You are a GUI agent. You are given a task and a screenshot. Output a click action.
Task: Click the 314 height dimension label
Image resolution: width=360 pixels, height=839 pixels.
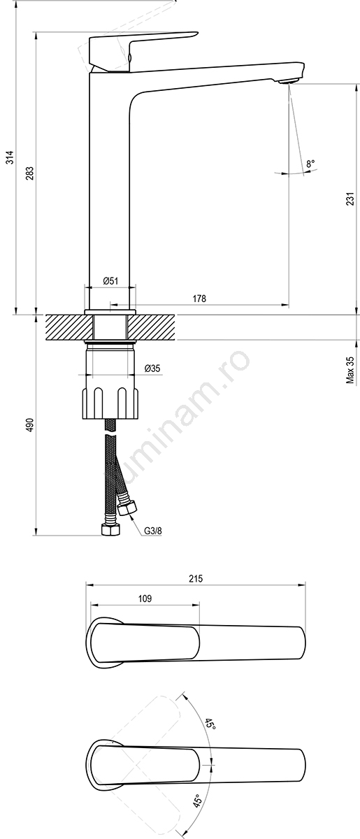[x=11, y=157]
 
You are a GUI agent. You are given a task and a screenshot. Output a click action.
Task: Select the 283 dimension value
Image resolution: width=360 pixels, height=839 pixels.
[x=30, y=173]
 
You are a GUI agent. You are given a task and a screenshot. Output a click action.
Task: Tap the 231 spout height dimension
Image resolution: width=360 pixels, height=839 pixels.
[x=350, y=199]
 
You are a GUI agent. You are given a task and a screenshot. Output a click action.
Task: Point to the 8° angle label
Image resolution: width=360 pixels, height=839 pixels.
[x=310, y=164]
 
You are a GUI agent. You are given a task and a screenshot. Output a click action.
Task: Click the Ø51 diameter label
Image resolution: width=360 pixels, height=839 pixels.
[x=110, y=280]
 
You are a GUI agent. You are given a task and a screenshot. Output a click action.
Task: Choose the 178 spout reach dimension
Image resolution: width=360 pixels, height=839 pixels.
[x=199, y=299]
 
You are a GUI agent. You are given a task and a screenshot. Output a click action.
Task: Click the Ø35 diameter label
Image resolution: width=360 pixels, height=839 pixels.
[x=152, y=368]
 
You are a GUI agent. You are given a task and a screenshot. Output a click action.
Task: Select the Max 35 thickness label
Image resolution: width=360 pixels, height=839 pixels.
[x=350, y=370]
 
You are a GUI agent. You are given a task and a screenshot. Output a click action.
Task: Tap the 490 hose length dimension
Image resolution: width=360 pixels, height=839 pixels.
[x=30, y=424]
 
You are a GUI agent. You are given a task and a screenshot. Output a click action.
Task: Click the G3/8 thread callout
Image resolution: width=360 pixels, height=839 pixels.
[x=153, y=531]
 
